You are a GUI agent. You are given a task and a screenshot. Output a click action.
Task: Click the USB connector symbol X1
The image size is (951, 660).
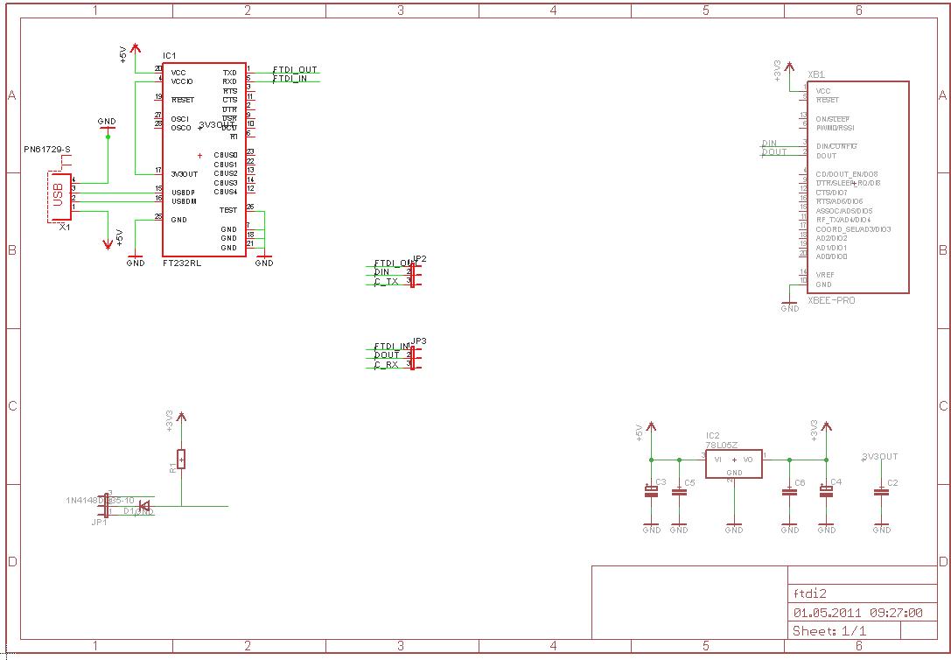[59, 197]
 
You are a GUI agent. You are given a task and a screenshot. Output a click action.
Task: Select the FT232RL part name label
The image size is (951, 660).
[181, 263]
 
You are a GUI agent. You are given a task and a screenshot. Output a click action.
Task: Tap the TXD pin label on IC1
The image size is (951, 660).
[229, 73]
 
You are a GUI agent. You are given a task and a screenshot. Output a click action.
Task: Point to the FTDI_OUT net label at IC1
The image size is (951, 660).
[295, 69]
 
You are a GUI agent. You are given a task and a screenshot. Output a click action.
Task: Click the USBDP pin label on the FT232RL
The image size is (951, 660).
[184, 192]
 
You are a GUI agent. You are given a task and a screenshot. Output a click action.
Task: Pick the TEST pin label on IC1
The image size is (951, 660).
[228, 210]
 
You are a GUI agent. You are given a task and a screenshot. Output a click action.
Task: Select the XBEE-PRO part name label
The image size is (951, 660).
[831, 300]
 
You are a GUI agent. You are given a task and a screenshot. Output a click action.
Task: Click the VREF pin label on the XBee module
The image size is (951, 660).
[824, 275]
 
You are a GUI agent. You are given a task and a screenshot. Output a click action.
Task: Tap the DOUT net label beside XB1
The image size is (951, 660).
[774, 152]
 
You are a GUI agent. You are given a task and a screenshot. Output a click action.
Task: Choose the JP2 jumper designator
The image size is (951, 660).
[419, 258]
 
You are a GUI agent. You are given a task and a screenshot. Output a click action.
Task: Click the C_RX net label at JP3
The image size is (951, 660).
[386, 364]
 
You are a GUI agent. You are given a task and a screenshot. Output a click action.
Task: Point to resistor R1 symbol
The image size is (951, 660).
[181, 459]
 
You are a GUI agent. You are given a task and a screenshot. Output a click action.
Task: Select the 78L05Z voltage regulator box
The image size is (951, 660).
[733, 464]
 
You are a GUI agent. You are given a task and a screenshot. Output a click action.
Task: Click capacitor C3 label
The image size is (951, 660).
[661, 482]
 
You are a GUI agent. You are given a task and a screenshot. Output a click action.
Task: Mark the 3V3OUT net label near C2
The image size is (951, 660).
[880, 456]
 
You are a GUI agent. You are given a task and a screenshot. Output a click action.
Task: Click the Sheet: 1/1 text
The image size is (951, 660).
[829, 631]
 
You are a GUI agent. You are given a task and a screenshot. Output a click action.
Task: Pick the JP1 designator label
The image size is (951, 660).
[99, 522]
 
